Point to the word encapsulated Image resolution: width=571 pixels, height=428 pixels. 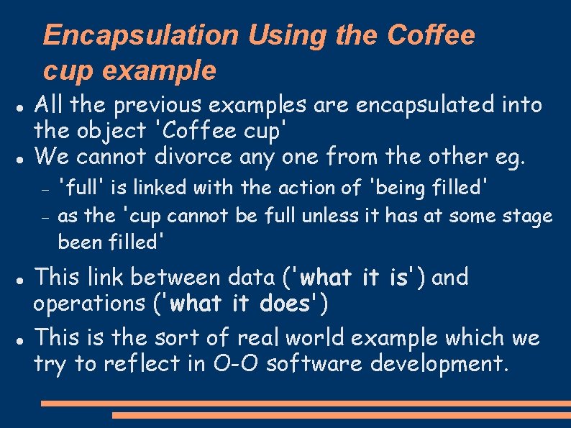click(419, 105)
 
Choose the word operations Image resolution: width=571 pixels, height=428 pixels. click(89, 304)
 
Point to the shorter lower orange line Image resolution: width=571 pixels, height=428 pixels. click(341, 415)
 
